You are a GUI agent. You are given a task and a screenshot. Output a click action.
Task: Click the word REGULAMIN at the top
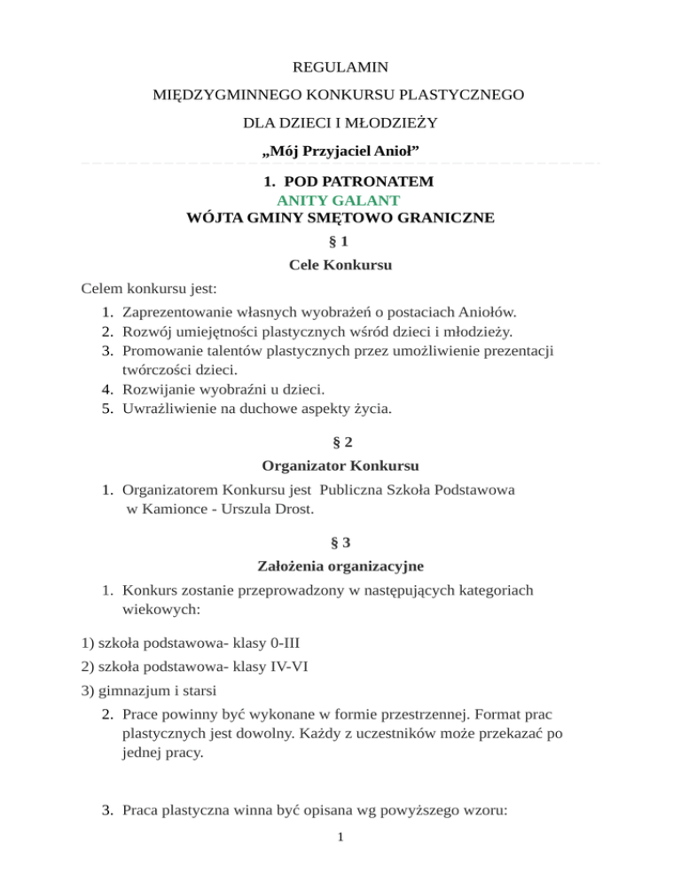pos(340,66)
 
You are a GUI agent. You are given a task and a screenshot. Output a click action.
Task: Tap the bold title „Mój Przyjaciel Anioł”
pos(340,152)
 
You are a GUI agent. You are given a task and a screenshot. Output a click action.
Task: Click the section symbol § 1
pos(340,241)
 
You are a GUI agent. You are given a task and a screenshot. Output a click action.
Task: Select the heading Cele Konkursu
pos(340,264)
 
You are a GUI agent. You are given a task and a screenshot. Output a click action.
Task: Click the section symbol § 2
pos(340,440)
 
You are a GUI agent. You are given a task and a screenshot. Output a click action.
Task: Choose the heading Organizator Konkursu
pos(340,464)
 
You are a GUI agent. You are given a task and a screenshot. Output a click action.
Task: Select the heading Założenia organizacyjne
pos(340,564)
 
